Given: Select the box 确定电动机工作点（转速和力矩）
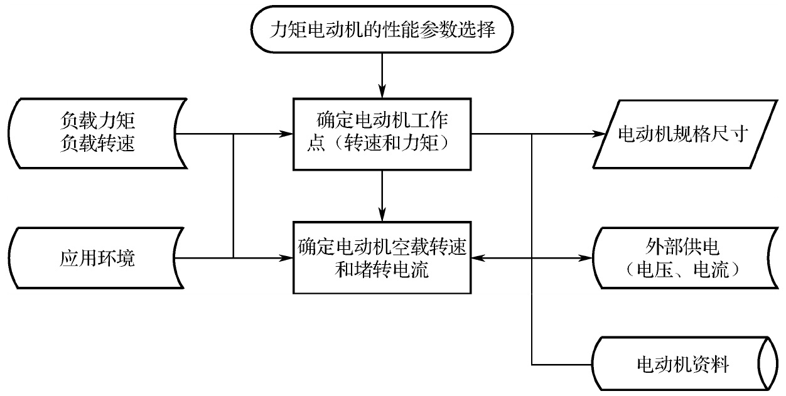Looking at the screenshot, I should (382, 133).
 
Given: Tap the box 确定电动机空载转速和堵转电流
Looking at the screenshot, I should (382, 257).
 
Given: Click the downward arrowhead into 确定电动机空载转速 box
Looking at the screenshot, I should (382, 215).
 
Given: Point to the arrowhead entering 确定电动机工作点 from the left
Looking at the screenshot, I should (288, 134).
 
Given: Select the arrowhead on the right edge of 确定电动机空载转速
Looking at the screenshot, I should (477, 257).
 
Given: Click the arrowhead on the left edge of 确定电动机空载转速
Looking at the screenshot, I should (288, 257).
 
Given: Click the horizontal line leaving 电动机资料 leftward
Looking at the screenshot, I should (562, 365).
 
